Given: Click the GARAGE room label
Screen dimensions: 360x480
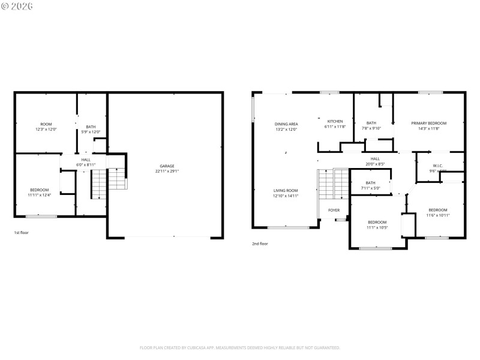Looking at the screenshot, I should click(167, 166).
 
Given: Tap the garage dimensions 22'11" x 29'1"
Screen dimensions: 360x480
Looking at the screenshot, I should click(167, 171).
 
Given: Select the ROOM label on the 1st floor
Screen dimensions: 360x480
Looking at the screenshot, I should click(46, 124).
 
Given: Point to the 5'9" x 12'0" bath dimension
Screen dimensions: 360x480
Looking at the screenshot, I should click(91, 132).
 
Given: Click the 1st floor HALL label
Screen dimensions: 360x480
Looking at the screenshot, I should click(86, 160).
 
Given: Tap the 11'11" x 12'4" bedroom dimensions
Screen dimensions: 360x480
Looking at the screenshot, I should click(40, 195).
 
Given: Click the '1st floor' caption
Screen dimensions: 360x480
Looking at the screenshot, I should click(22, 232).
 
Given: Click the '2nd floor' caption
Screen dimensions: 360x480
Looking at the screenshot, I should click(260, 244).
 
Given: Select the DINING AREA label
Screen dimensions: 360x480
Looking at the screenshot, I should click(286, 124).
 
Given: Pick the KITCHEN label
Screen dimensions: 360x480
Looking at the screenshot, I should click(335, 121).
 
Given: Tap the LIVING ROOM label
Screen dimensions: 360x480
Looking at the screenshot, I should click(286, 190).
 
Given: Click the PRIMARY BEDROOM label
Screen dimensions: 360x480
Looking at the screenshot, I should click(428, 123).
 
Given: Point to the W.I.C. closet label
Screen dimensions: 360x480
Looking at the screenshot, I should click(438, 166).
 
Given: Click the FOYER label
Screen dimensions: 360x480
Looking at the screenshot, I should click(334, 210).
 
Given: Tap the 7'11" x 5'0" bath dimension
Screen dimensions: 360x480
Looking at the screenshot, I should click(370, 188).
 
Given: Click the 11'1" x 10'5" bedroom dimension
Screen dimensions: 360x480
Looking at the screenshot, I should click(377, 227).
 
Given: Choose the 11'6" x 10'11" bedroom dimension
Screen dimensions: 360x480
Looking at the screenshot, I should click(438, 215).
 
